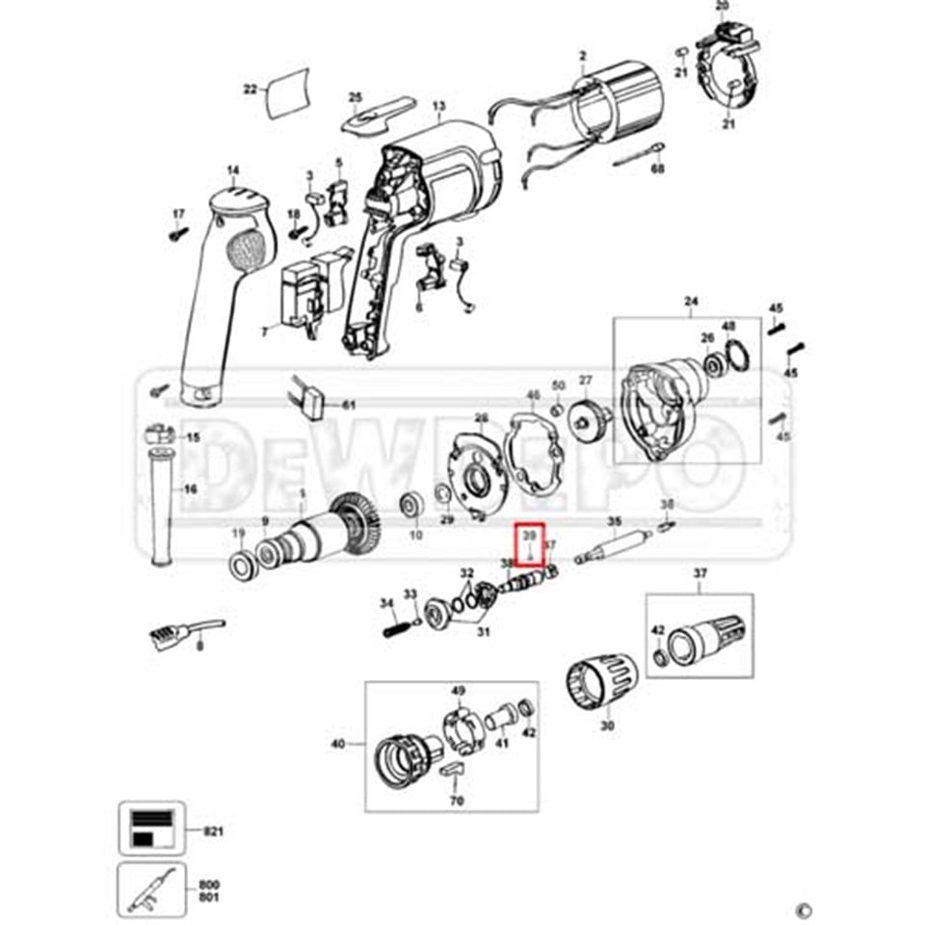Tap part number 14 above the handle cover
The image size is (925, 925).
[233, 172]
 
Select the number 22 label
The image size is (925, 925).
[251, 90]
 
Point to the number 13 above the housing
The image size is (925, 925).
[439, 106]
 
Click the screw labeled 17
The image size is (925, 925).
[177, 232]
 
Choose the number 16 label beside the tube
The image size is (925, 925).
[190, 489]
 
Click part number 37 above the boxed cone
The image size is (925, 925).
[700, 575]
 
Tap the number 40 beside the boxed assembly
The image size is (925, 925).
[337, 744]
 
